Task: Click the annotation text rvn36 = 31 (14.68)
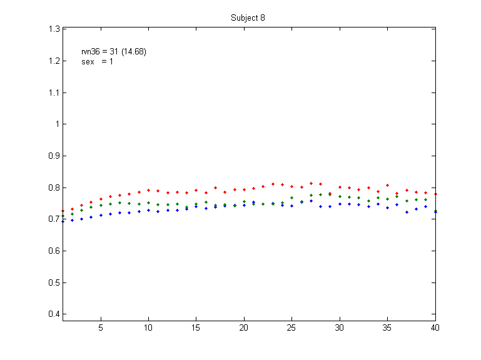tap(114, 52)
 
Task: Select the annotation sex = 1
tap(97, 62)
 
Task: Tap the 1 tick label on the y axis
tap(56, 124)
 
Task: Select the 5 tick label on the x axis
tap(101, 327)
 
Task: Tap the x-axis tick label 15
tap(196, 327)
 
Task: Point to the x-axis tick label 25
tap(292, 327)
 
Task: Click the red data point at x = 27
tap(311, 183)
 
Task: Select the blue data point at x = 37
tap(407, 212)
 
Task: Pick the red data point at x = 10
tap(148, 190)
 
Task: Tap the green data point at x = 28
tap(321, 194)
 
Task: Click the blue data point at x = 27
tap(311, 201)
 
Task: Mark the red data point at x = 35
tap(388, 185)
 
